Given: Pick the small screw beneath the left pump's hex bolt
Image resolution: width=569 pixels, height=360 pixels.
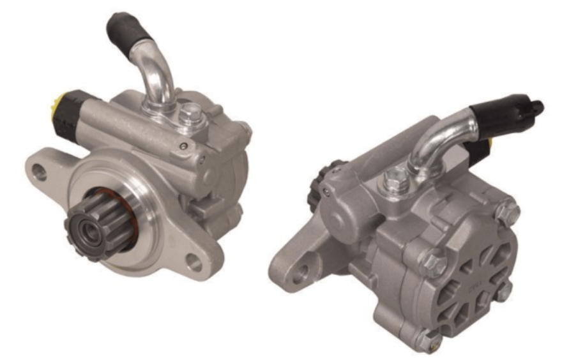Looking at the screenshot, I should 184,146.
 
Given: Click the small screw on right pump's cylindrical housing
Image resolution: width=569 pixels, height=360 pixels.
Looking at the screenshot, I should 328,190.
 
